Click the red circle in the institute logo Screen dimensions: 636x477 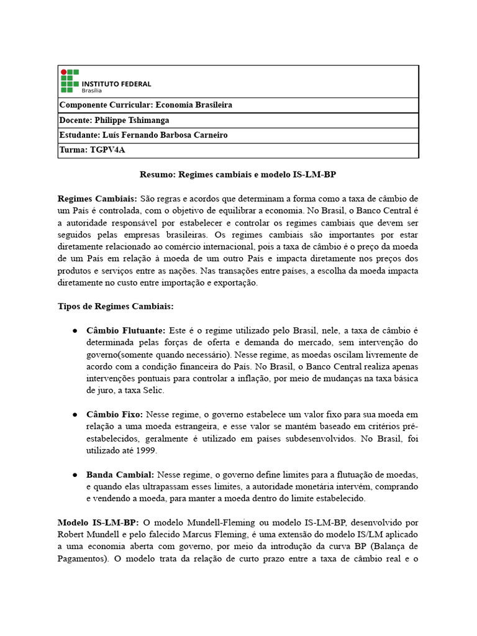[x=63, y=72]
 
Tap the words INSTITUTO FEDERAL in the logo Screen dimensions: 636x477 [x=116, y=84]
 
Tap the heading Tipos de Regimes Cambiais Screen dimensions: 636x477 [x=116, y=307]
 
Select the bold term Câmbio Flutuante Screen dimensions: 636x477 [x=126, y=330]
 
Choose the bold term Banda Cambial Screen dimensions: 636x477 [x=120, y=474]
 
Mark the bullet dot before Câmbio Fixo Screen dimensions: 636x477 [x=74, y=414]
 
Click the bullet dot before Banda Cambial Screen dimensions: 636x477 [x=74, y=475]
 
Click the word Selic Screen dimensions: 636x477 [x=153, y=390]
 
